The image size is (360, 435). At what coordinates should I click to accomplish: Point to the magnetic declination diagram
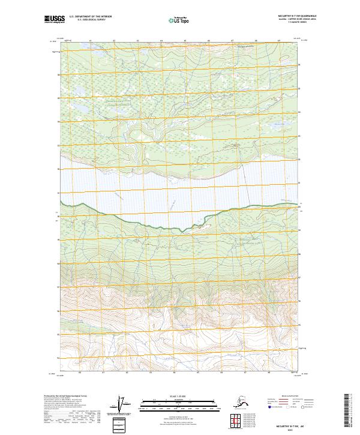coord(124,405)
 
